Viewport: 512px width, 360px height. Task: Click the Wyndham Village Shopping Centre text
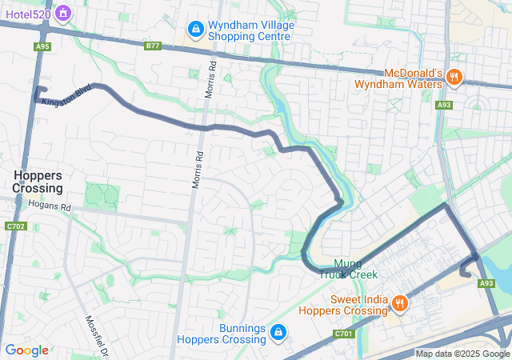[251, 31]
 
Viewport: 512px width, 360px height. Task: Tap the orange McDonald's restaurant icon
[454, 78]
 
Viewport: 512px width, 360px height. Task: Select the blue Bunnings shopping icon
[278, 331]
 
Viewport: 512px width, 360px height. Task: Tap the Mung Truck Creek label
[348, 268]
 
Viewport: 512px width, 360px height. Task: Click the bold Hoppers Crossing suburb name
[38, 182]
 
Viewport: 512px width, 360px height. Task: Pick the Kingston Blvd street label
[67, 96]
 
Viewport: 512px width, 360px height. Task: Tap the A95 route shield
[42, 46]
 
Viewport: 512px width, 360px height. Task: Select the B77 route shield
[154, 46]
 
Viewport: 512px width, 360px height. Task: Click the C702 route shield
[15, 227]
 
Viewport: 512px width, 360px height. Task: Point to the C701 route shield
[344, 333]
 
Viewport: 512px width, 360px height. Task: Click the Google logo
[26, 350]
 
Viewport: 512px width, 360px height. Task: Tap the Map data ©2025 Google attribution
[462, 354]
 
